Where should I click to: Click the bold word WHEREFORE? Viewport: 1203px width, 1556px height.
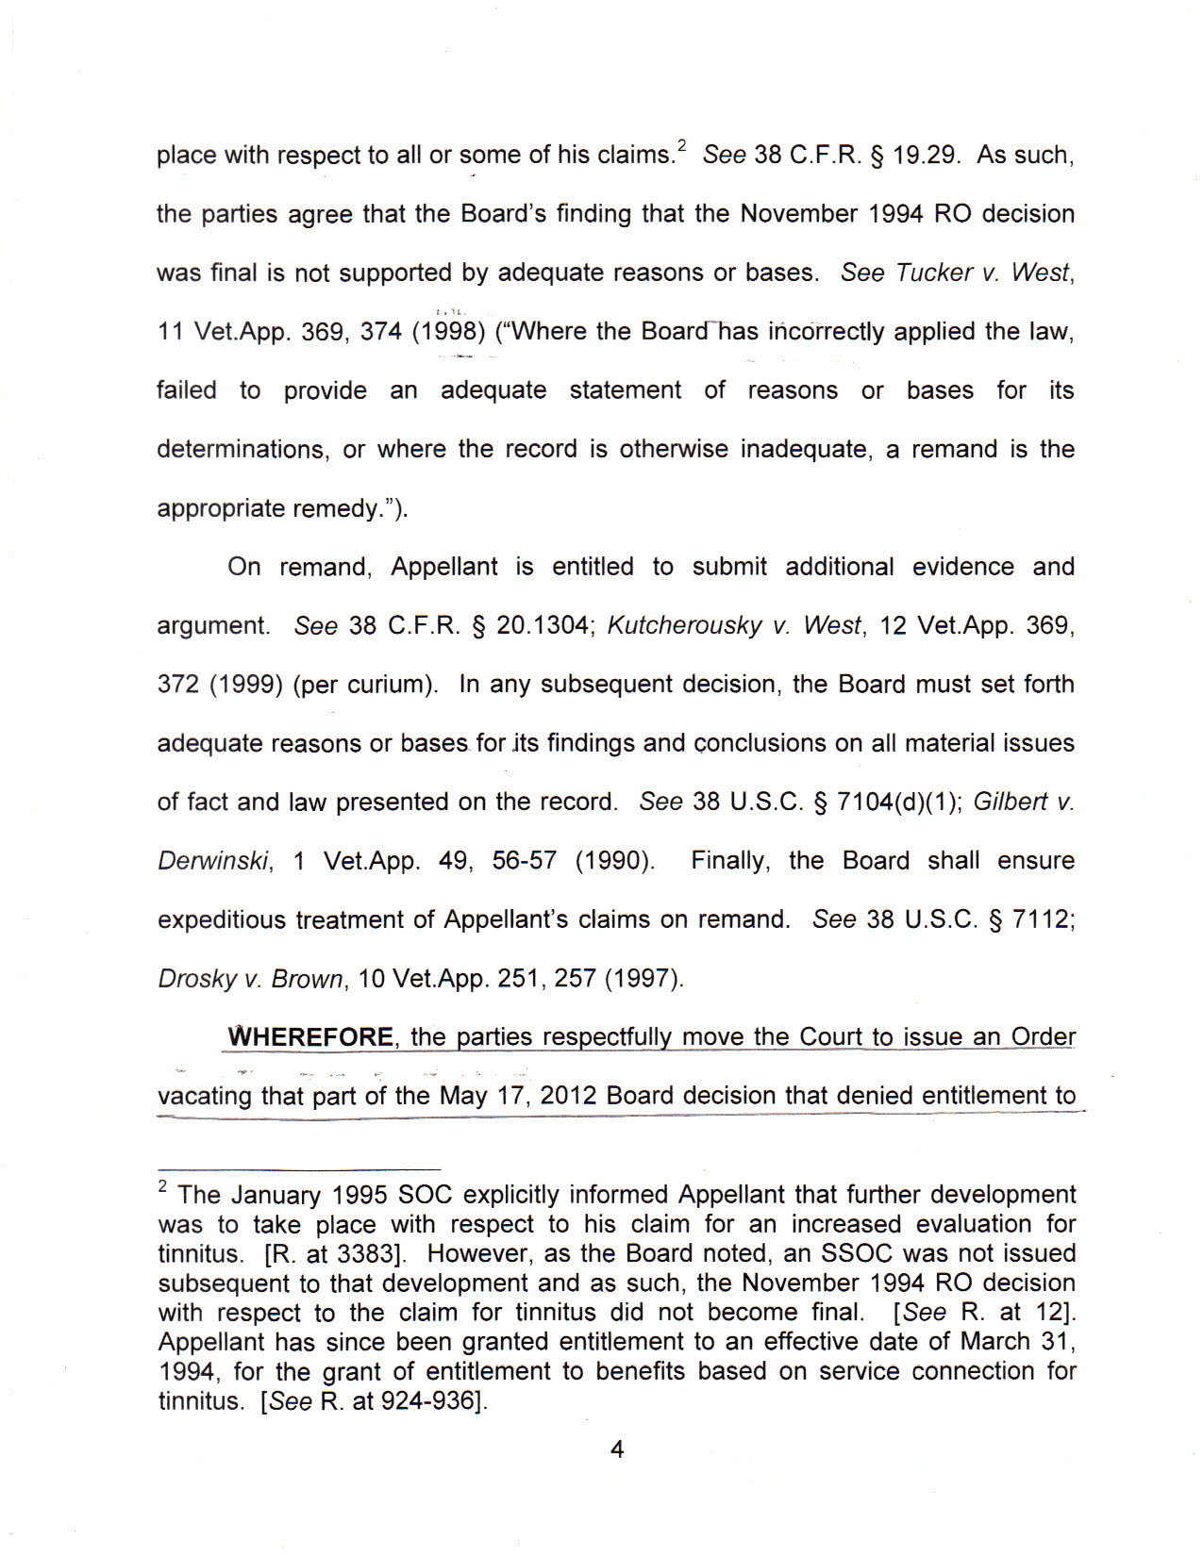[x=311, y=1037]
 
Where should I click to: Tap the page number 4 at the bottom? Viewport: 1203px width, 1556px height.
[x=617, y=1449]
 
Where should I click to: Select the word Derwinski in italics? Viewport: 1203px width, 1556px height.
[x=213, y=861]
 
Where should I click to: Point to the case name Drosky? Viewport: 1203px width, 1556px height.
[x=196, y=979]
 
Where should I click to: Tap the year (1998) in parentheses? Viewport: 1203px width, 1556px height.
[x=448, y=332]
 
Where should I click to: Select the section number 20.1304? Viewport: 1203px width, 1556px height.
[x=543, y=625]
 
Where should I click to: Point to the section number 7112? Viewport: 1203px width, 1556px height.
[x=1042, y=919]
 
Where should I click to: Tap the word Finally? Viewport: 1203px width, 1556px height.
[x=729, y=861]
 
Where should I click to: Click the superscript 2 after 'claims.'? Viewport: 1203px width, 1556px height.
[x=681, y=146]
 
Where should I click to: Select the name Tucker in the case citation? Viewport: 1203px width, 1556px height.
[x=934, y=273]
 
